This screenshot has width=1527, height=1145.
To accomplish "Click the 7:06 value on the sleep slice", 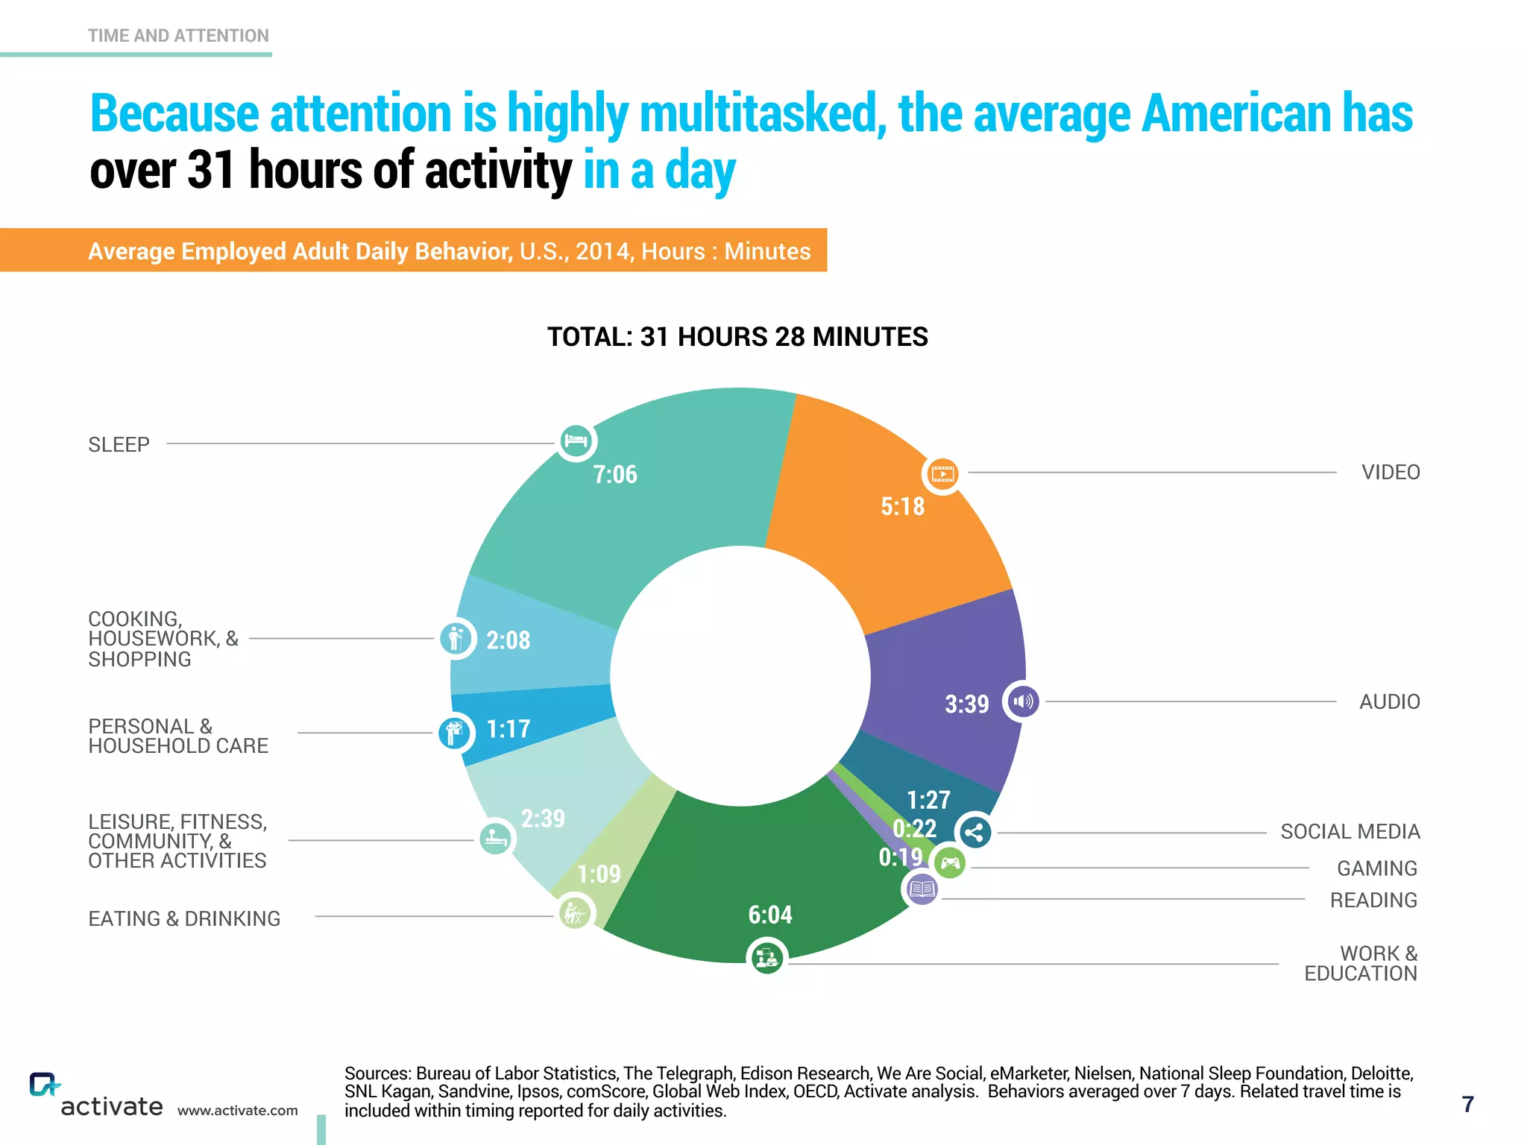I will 615,475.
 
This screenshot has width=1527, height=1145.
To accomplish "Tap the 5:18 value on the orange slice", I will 902,507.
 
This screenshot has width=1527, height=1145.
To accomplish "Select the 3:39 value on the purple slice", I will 966,704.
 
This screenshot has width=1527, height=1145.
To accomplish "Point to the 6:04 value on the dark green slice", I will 770,915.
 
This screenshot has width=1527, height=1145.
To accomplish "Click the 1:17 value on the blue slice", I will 508,729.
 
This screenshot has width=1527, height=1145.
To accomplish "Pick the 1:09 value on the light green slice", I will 599,874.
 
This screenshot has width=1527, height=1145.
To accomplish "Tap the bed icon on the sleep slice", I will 576,441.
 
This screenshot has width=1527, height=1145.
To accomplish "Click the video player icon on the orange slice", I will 942,473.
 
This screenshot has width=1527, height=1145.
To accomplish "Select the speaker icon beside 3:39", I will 1023,701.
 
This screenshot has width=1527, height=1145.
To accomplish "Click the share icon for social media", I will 975,833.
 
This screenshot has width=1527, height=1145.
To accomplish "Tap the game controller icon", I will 950,863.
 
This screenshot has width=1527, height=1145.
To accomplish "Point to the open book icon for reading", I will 922,889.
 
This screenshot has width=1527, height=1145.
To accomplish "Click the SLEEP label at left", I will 119,445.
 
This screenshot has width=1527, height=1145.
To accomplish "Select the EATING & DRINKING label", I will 184,918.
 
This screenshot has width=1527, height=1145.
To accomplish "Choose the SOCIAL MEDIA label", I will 1350,832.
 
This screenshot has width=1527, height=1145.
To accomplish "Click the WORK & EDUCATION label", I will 1361,963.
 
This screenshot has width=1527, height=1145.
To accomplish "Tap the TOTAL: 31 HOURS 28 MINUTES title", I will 737,337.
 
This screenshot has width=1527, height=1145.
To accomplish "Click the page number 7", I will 1467,1104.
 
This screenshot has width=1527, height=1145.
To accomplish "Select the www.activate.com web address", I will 237,1111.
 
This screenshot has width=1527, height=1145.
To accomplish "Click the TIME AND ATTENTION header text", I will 178,36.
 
